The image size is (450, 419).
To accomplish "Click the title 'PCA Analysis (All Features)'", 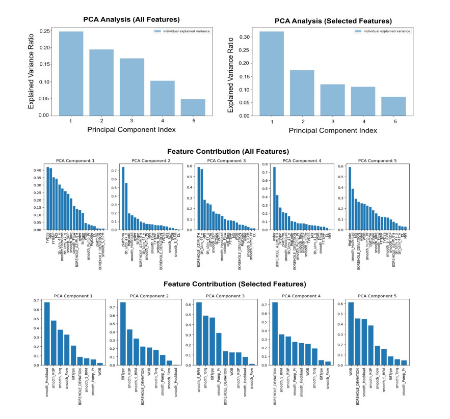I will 131,20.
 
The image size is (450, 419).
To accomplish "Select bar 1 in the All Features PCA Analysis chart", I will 71,73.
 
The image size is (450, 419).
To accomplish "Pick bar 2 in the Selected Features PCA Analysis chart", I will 302,93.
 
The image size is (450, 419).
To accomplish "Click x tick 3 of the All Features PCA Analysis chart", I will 132,121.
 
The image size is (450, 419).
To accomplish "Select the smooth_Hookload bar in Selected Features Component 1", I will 47,334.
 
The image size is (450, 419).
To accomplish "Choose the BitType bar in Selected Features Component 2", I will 123,334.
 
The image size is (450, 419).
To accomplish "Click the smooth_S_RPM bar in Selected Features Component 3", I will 199,334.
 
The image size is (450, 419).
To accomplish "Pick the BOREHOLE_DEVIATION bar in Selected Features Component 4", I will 275,334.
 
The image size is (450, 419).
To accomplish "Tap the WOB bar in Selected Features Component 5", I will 351,334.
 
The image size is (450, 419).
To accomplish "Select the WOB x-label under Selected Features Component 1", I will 100,373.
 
